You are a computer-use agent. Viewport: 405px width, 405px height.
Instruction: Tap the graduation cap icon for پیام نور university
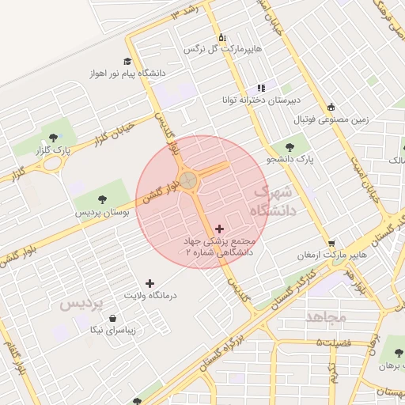point(127,61)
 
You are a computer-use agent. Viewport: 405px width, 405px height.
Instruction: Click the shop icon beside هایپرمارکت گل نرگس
point(222,36)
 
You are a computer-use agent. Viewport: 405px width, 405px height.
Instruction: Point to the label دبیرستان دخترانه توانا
point(260,100)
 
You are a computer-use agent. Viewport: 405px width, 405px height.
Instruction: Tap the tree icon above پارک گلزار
point(53,138)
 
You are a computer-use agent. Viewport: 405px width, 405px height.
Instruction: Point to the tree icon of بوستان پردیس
point(102,199)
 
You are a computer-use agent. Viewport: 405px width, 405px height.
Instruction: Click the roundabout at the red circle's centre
point(188,181)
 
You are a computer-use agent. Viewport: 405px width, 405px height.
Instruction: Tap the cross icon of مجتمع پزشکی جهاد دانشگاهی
point(219,229)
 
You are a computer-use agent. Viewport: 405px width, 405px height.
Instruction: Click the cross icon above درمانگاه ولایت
point(150,282)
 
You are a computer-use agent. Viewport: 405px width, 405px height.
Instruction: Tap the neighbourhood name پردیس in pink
point(81,305)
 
